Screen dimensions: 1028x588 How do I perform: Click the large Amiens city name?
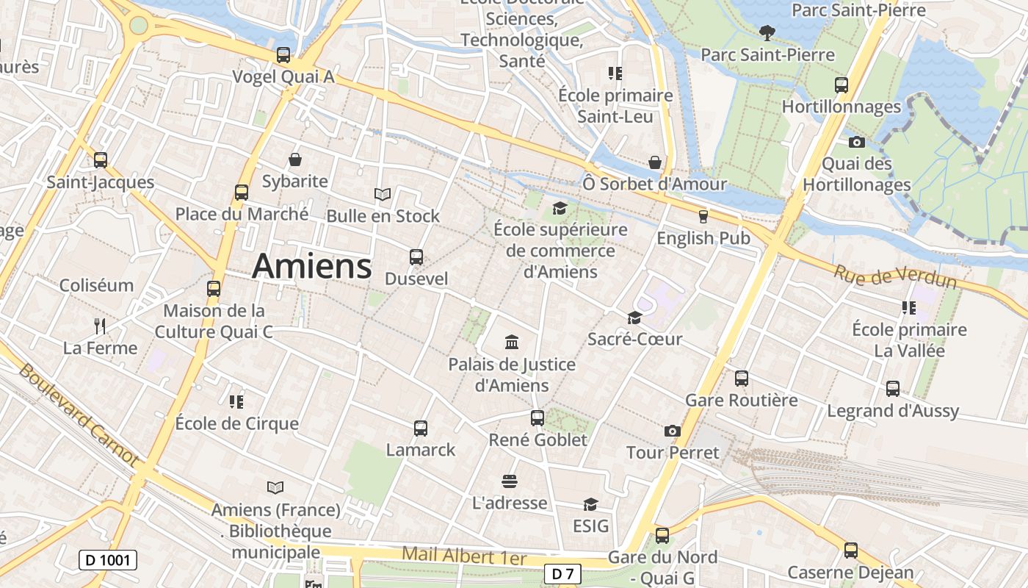(311, 266)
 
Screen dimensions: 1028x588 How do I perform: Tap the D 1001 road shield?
(108, 560)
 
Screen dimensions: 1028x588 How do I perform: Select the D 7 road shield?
(562, 573)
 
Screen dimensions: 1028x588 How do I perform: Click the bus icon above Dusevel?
(416, 257)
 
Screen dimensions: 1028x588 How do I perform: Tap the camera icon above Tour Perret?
(672, 431)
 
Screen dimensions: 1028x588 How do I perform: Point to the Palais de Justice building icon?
(512, 342)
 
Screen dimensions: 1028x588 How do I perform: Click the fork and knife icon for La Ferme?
(100, 326)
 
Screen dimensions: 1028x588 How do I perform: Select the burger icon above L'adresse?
(510, 481)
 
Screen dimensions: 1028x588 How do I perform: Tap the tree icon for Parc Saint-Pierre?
(767, 32)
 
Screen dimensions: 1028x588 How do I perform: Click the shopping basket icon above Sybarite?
(294, 159)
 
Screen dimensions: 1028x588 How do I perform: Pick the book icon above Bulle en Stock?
(382, 194)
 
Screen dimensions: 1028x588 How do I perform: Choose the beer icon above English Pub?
(703, 216)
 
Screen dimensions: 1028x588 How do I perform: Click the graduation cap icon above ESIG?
(590, 504)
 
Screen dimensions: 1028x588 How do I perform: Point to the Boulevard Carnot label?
(78, 415)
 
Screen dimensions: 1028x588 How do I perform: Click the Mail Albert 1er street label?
(464, 556)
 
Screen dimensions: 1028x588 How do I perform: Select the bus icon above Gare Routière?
(742, 379)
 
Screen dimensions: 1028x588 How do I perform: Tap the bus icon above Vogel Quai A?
(283, 55)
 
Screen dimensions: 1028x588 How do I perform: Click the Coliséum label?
(96, 285)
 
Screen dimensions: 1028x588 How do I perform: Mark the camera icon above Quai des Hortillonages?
(856, 142)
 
